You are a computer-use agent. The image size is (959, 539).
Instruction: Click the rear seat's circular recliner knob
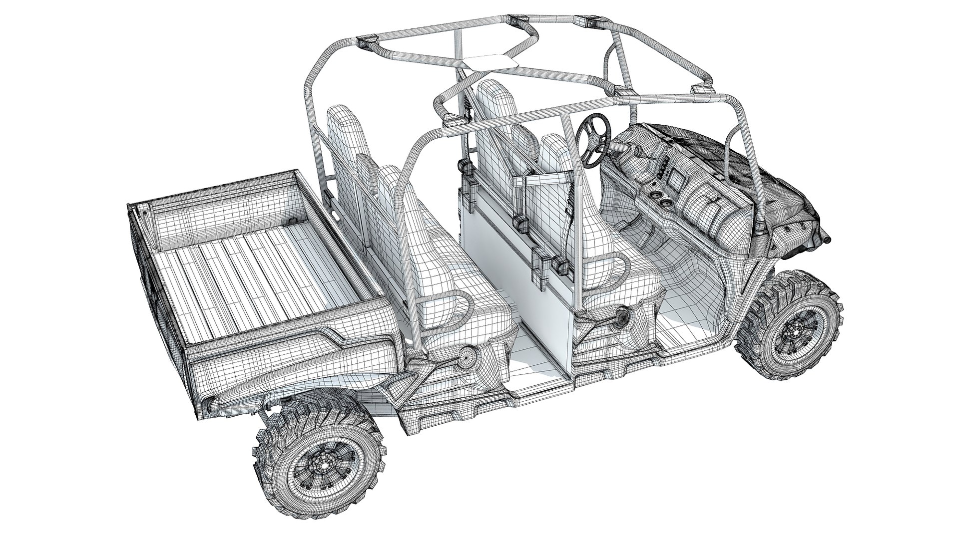point(465,356)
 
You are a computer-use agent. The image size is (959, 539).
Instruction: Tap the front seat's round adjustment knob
point(623,316)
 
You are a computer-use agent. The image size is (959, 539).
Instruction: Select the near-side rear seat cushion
point(465,309)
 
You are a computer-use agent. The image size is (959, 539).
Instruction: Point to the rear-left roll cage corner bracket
point(368,43)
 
